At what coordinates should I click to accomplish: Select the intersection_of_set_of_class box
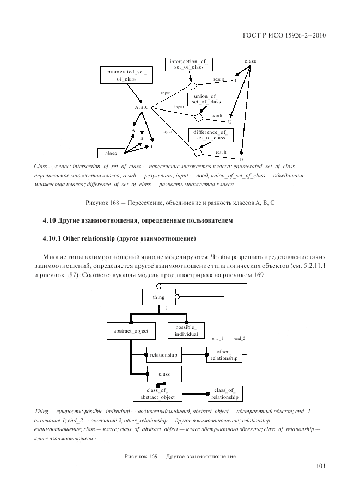[x=189, y=64]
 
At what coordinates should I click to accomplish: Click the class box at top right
[x=250, y=61]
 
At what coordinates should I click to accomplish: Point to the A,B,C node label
[x=142, y=107]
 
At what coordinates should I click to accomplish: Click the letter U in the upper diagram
[x=229, y=122]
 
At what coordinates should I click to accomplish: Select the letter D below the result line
[x=240, y=158]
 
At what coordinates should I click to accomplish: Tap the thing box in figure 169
[x=158, y=297]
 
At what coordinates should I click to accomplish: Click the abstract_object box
[x=131, y=330]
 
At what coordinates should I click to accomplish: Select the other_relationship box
[x=224, y=355]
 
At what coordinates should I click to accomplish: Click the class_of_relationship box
[x=224, y=394]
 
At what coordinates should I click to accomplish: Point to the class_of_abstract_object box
[x=157, y=394]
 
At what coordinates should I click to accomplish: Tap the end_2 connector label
[x=240, y=339]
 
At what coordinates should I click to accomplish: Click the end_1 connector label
[x=217, y=339]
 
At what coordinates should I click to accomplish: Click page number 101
[x=321, y=466]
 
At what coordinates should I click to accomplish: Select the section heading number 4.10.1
[x=52, y=238]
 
